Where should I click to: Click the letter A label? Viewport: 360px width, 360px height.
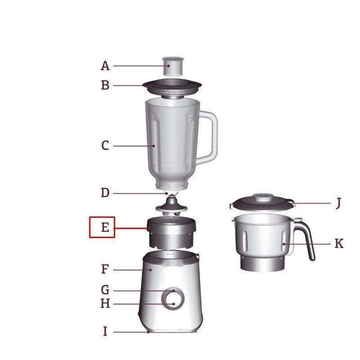[105, 66]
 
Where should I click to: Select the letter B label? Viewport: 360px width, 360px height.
[105, 85]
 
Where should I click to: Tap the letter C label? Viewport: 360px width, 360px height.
[105, 146]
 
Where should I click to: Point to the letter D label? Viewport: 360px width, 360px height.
[105, 193]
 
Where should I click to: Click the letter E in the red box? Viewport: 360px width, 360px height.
[105, 227]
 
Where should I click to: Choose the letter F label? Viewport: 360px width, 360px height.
[105, 269]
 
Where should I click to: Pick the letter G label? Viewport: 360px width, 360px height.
[105, 290]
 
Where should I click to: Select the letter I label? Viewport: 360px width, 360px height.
[105, 331]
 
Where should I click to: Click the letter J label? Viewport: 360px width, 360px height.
[338, 204]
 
